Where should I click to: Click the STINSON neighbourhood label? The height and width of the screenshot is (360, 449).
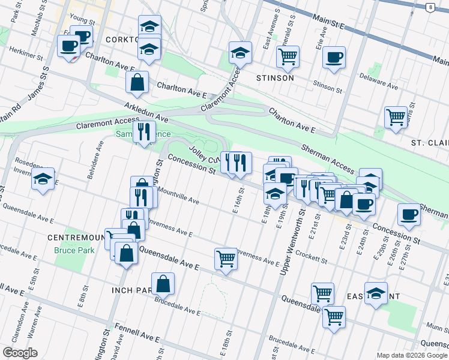[x=275, y=78]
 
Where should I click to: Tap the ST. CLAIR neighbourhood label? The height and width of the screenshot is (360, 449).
[x=429, y=143]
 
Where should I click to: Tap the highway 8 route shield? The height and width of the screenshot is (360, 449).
[x=430, y=7]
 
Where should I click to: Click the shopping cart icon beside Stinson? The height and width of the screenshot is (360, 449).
[x=288, y=56]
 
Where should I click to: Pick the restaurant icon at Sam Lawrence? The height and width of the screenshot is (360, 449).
[x=143, y=131]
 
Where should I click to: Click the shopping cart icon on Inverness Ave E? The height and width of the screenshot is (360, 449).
[x=226, y=259]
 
